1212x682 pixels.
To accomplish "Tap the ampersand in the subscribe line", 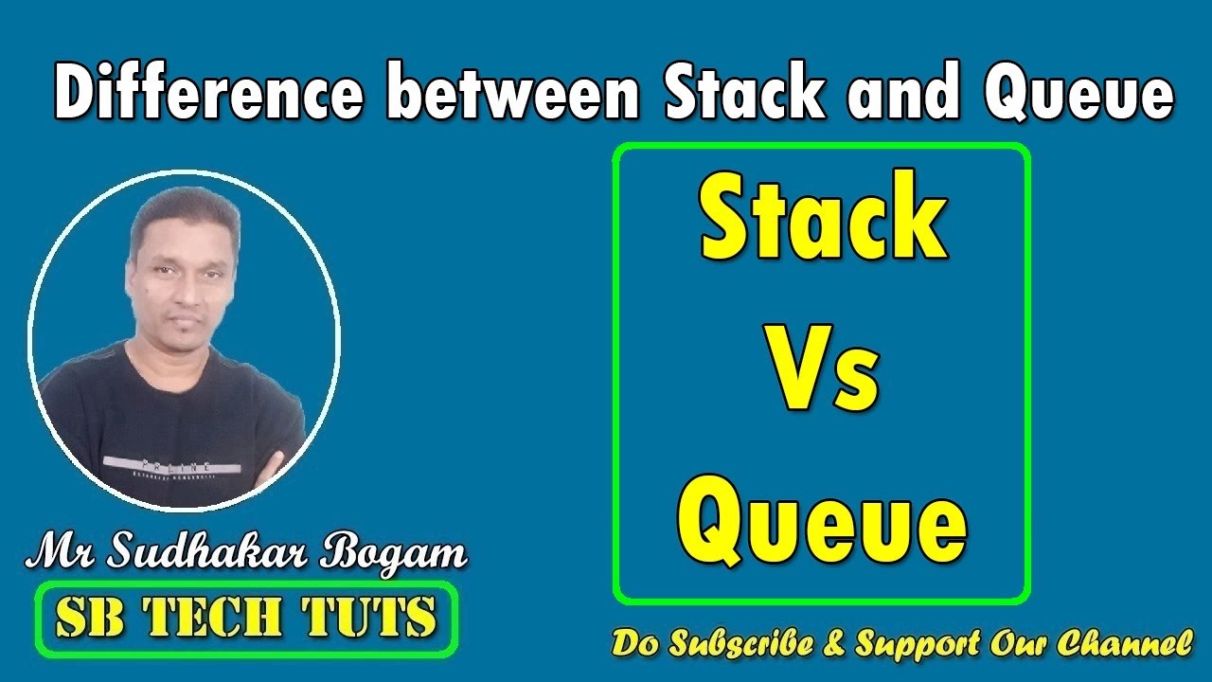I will (833, 644).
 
